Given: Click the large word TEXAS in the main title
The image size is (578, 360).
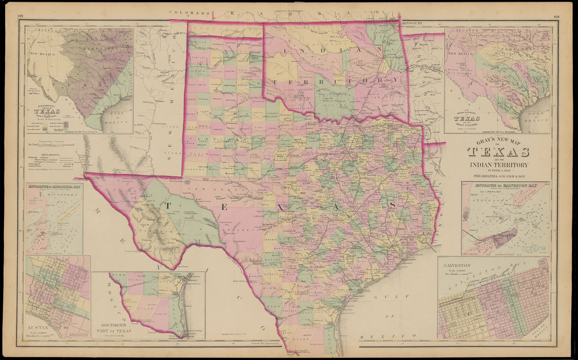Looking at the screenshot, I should pyautogui.click(x=498, y=152).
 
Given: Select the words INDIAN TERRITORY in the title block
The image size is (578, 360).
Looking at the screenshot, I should pyautogui.click(x=498, y=165).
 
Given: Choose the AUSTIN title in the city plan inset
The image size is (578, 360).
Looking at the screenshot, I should pyautogui.click(x=36, y=330).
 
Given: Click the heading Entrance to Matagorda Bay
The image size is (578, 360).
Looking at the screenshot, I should pyautogui.click(x=54, y=186).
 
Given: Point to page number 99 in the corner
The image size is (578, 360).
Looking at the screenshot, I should pyautogui.click(x=556, y=18).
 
